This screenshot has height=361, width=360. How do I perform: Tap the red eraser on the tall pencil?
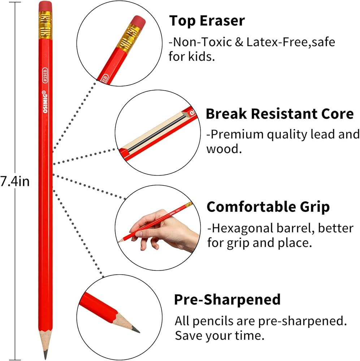pyautogui.click(x=45, y=6)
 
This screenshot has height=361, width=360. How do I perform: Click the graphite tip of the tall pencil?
pyautogui.click(x=45, y=355)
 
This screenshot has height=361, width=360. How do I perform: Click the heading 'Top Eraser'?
pyautogui.click(x=207, y=21)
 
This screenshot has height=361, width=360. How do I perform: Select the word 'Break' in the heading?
pyautogui.click(x=226, y=114)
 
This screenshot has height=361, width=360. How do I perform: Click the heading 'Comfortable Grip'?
pyautogui.click(x=268, y=207)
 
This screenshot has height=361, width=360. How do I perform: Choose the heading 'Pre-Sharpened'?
pyautogui.click(x=227, y=299)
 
